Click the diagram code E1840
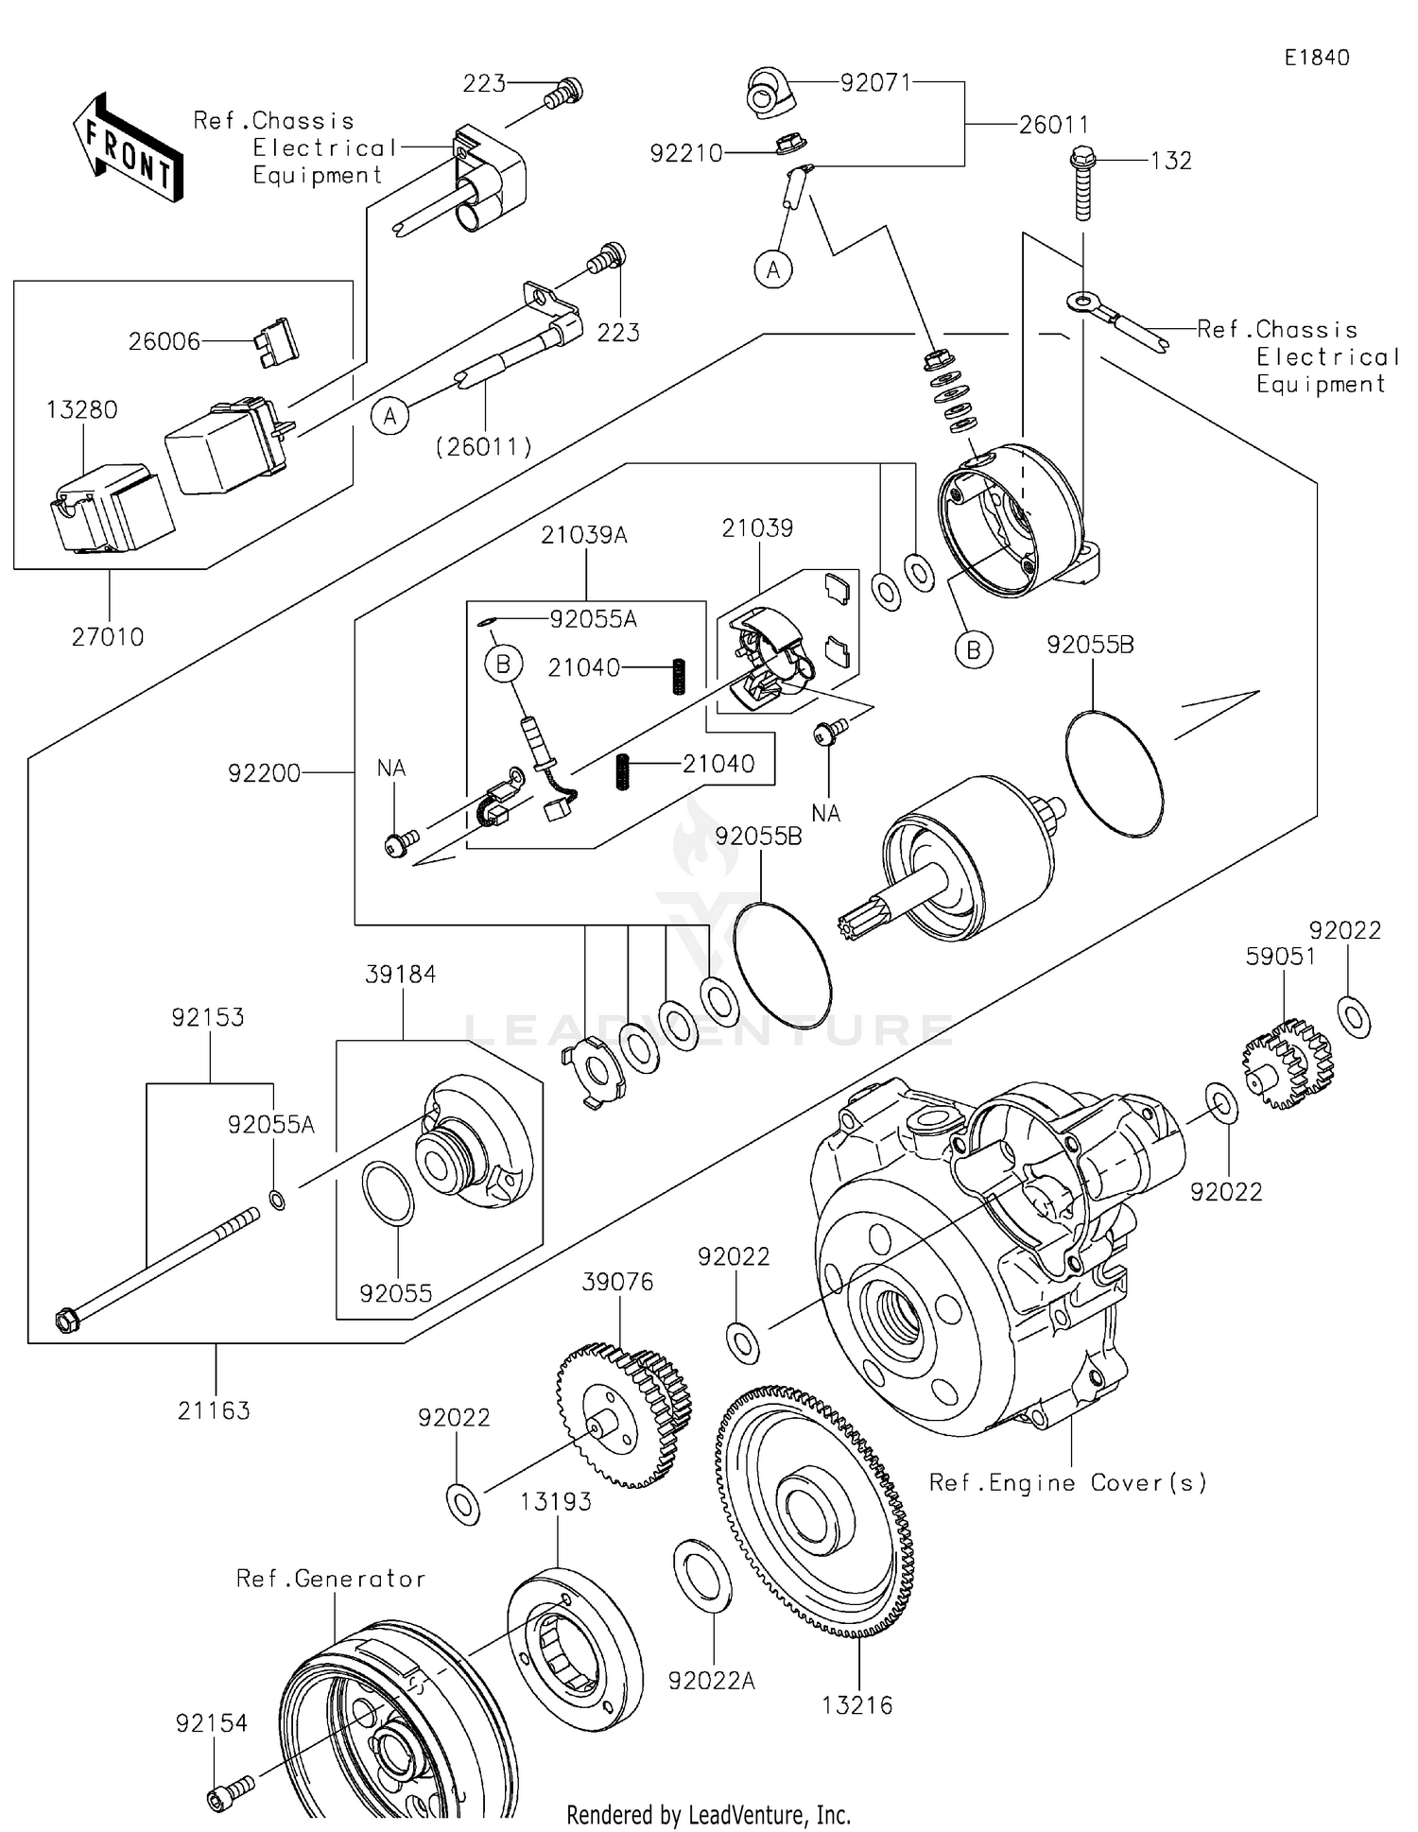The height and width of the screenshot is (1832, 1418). coord(1316,58)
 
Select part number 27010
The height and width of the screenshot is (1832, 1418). coord(108,637)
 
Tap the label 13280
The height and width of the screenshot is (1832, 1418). coord(82,410)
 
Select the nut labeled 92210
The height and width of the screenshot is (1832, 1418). coord(787,147)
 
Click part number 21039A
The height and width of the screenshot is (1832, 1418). coord(584,535)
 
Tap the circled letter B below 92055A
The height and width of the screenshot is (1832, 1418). coord(503,665)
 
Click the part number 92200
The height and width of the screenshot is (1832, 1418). coord(264,773)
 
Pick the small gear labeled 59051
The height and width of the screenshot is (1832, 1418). coord(1288,1063)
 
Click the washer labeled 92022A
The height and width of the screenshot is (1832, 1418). coord(701,1575)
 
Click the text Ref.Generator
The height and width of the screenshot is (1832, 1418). coord(331,1578)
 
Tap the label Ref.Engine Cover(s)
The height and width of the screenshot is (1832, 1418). coord(1068,1482)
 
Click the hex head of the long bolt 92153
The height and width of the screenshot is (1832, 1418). coord(66,1320)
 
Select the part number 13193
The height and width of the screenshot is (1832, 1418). coord(556,1501)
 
